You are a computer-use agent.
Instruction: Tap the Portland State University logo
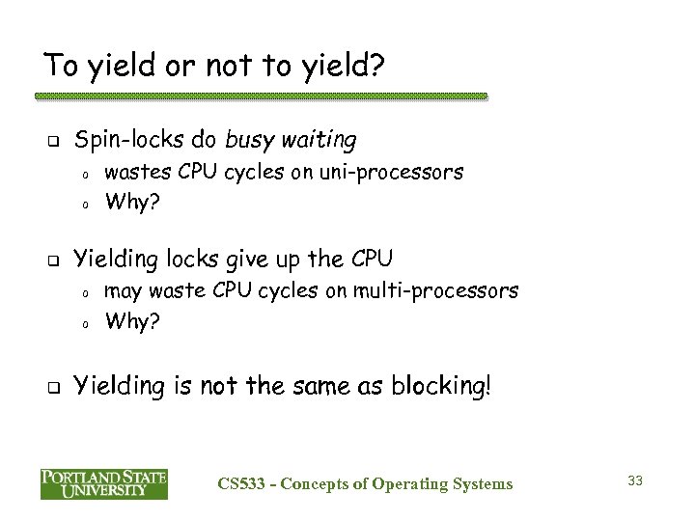(x=104, y=483)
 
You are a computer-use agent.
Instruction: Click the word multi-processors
(x=449, y=290)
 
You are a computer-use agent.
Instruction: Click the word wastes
(x=134, y=173)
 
